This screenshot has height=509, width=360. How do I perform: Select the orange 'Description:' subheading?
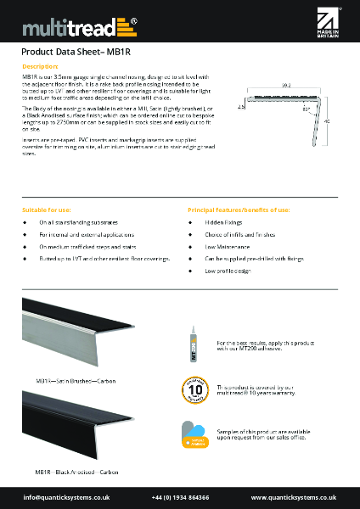click(x=39, y=65)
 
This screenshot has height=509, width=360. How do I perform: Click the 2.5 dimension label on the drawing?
click(x=241, y=108)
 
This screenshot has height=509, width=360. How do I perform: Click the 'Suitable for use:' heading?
click(x=46, y=209)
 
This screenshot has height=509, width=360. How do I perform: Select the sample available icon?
click(x=192, y=434)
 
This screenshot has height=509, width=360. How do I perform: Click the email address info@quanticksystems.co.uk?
click(x=66, y=496)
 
